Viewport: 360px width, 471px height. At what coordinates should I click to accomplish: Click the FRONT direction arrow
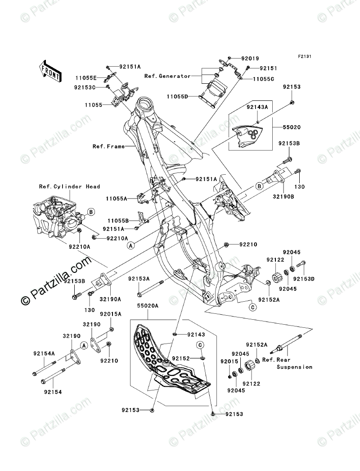(50, 70)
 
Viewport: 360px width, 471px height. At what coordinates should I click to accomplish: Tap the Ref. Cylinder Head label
(69, 186)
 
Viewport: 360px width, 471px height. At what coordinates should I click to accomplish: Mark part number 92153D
(305, 279)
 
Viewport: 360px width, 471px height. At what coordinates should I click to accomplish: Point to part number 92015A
(110, 314)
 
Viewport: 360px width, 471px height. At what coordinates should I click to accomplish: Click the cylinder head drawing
(56, 216)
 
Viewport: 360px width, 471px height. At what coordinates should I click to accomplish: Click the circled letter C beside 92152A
(253, 308)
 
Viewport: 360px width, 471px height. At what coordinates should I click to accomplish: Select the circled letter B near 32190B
(260, 185)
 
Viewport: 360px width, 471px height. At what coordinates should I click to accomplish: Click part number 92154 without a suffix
(53, 392)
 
